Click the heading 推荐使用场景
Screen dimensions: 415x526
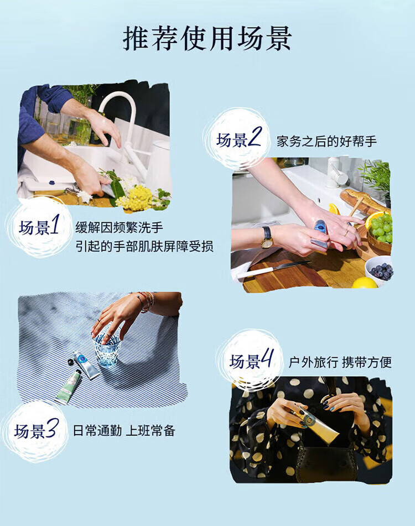coord(207,38)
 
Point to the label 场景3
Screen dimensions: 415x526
coord(36,430)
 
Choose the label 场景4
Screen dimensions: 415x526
coord(251,360)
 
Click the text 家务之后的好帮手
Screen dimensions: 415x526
coord(326,141)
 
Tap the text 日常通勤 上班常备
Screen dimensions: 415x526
coord(124,431)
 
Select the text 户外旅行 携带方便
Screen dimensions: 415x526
coord(340,362)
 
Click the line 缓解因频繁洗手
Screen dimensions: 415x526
coord(119,227)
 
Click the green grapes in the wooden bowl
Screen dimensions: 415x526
coord(381,227)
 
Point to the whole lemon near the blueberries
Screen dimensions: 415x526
coord(365,283)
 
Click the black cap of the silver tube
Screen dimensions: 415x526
coord(71,363)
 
